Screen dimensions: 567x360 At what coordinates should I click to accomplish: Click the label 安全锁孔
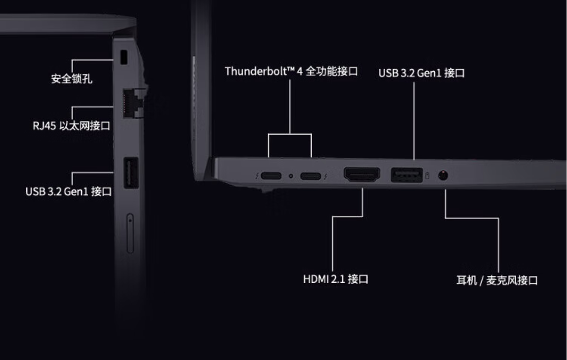72,79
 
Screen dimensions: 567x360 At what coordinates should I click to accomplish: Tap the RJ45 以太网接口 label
71,125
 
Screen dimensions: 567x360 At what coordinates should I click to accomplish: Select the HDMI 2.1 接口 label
336,279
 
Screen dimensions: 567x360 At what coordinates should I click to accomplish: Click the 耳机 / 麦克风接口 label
497,280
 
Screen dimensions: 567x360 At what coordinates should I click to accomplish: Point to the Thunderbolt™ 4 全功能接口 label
291,71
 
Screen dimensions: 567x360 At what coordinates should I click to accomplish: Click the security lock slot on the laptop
124,58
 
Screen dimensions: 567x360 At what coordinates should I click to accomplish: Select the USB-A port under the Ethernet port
131,172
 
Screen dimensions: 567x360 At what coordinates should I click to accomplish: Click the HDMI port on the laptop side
362,175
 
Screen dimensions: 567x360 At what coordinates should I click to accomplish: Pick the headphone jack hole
443,175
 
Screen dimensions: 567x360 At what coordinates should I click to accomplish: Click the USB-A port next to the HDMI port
407,175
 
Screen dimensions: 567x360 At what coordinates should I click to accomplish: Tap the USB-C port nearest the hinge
270,175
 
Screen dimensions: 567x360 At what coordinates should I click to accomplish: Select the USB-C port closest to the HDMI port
311,175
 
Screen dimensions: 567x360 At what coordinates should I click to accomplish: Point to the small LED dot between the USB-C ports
291,175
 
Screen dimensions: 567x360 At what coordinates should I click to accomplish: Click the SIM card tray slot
130,233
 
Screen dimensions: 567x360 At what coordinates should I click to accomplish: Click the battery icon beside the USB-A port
427,175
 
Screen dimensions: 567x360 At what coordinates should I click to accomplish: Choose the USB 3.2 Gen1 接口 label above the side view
422,73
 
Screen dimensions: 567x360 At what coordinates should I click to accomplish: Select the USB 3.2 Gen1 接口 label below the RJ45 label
68,191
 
